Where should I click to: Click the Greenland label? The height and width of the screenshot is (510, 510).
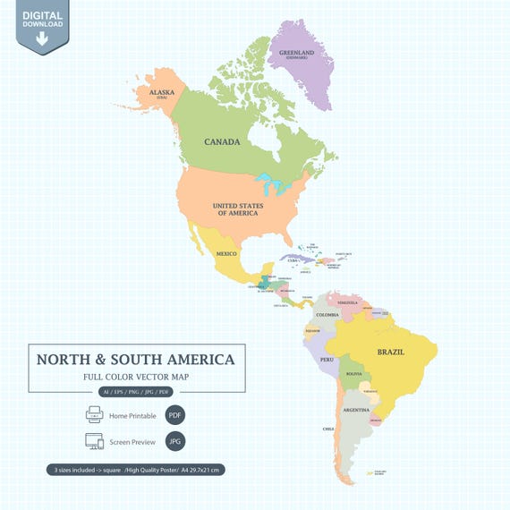297,53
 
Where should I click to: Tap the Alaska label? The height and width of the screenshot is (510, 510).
163,92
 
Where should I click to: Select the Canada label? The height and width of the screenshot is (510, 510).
222,142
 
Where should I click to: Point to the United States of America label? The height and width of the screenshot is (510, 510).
237,209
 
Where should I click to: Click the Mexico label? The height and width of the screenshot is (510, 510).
226,254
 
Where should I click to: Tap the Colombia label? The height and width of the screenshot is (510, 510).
327,315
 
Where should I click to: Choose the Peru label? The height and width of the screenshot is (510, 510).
327,360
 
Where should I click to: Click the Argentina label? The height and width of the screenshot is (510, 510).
357,410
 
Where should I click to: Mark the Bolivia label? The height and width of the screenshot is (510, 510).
355,373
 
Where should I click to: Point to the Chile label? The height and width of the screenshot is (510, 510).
329,429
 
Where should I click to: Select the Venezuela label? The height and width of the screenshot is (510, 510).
346,302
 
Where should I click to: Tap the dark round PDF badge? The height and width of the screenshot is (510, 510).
175,415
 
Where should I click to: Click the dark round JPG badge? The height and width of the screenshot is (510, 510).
175,441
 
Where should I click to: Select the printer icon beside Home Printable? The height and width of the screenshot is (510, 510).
95,415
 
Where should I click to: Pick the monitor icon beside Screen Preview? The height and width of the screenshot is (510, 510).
95,441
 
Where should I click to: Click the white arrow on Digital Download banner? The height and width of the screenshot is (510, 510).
42,38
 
